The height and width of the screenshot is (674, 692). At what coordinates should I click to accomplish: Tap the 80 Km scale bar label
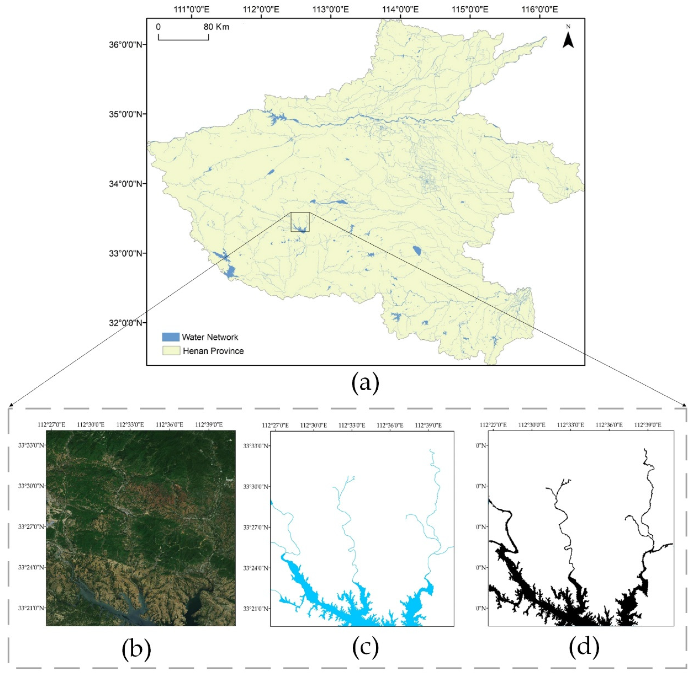[x=216, y=27]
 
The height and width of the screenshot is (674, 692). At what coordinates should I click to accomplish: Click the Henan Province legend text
[x=213, y=351]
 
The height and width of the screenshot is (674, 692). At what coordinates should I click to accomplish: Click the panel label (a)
[x=365, y=384]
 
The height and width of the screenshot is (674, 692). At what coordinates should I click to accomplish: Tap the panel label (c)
[x=365, y=646]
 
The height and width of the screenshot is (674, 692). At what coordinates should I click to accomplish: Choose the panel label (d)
[x=584, y=646]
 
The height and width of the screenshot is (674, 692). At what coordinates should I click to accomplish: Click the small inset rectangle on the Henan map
[x=300, y=222]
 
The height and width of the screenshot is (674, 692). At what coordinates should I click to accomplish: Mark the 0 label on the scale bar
[x=158, y=27]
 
